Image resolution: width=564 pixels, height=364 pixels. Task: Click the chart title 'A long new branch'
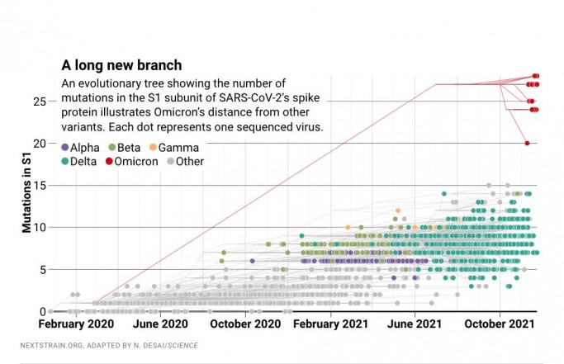[x=122, y=65]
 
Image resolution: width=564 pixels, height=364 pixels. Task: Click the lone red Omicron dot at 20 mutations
[x=527, y=144]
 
